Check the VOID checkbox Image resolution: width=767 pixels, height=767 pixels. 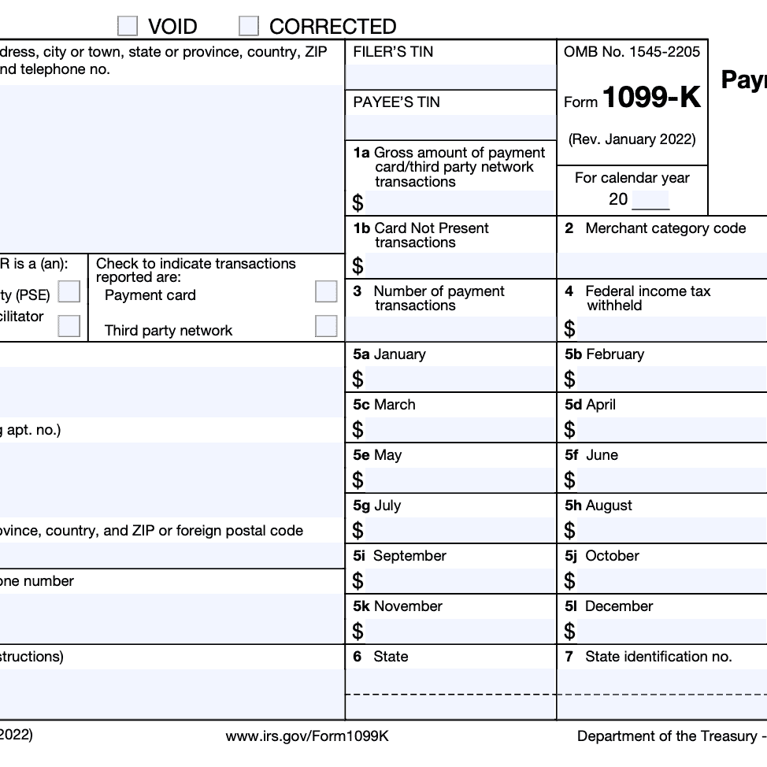pos(128,26)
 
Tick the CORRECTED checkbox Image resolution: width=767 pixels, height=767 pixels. pos(249,26)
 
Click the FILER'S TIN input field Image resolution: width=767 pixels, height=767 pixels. pos(450,77)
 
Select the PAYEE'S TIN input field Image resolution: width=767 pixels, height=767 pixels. pos(450,127)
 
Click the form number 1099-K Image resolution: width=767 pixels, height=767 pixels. pos(651,100)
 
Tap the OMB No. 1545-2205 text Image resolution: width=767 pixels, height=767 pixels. pos(632,52)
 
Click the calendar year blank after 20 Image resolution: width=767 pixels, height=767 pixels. pos(650,200)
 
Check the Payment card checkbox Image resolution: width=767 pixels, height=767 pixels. pos(326,291)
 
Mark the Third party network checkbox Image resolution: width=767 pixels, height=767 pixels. pos(326,326)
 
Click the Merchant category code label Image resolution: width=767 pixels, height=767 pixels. pos(665,228)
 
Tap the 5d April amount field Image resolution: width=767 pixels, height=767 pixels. pos(669,430)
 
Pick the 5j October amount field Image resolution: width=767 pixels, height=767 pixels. pos(669,581)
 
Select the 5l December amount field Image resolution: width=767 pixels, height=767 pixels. pos(669,632)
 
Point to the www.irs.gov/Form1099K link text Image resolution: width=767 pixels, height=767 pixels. pos(307,736)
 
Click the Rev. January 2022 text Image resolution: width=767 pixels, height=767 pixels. pos(632,139)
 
